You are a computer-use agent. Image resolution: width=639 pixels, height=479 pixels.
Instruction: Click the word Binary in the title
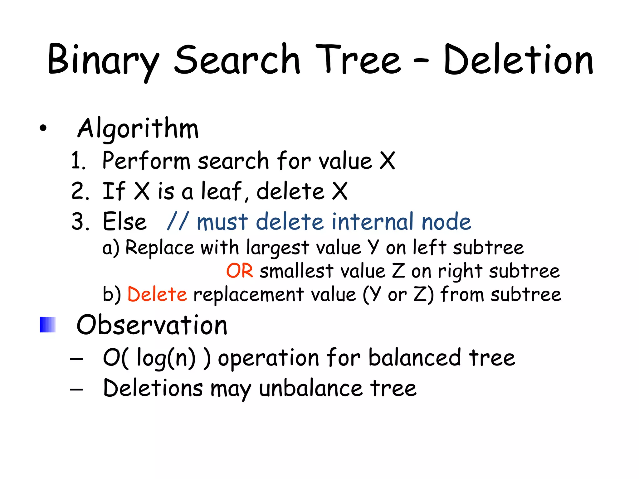pyautogui.click(x=103, y=61)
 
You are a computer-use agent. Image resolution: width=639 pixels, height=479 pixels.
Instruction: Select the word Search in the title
pyautogui.click(x=237, y=60)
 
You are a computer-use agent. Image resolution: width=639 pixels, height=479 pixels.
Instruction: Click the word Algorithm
pyautogui.click(x=138, y=128)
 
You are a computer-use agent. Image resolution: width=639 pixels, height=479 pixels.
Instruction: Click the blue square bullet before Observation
pyautogui.click(x=48, y=325)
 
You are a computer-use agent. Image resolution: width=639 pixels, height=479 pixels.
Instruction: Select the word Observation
pyautogui.click(x=152, y=325)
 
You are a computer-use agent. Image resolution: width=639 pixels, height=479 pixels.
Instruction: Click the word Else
pyautogui.click(x=124, y=222)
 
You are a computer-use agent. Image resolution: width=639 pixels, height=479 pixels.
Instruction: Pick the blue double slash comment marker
pyautogui.click(x=178, y=221)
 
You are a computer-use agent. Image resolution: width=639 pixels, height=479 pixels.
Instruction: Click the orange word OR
pyautogui.click(x=239, y=271)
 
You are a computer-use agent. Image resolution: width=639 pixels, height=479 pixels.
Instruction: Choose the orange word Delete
pyautogui.click(x=157, y=294)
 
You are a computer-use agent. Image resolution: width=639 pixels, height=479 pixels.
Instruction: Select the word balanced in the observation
pyautogui.click(x=414, y=358)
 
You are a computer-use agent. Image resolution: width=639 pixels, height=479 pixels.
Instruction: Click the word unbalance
pyautogui.click(x=311, y=389)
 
